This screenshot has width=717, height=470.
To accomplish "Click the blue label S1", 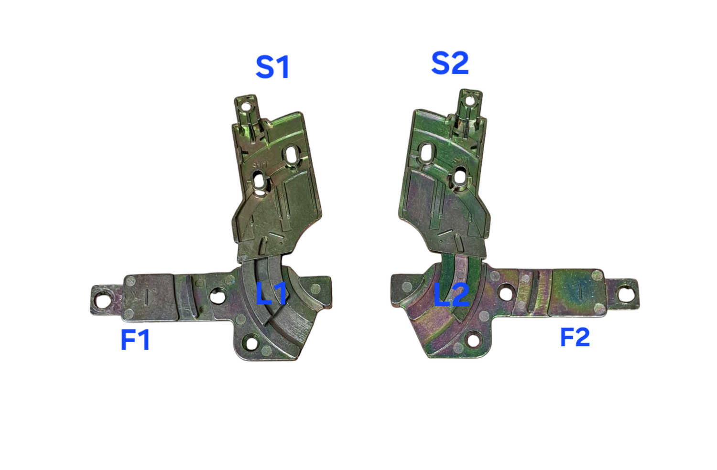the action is tap(272, 67).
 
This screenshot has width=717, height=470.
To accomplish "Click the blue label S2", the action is tap(450, 64).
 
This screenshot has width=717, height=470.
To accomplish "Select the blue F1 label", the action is tap(135, 340).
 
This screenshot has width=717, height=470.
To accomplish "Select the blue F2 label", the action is tap(575, 337).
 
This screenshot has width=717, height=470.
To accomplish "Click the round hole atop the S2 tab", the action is tap(469, 101).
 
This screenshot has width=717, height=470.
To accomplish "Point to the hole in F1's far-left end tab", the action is tap(102, 301).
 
